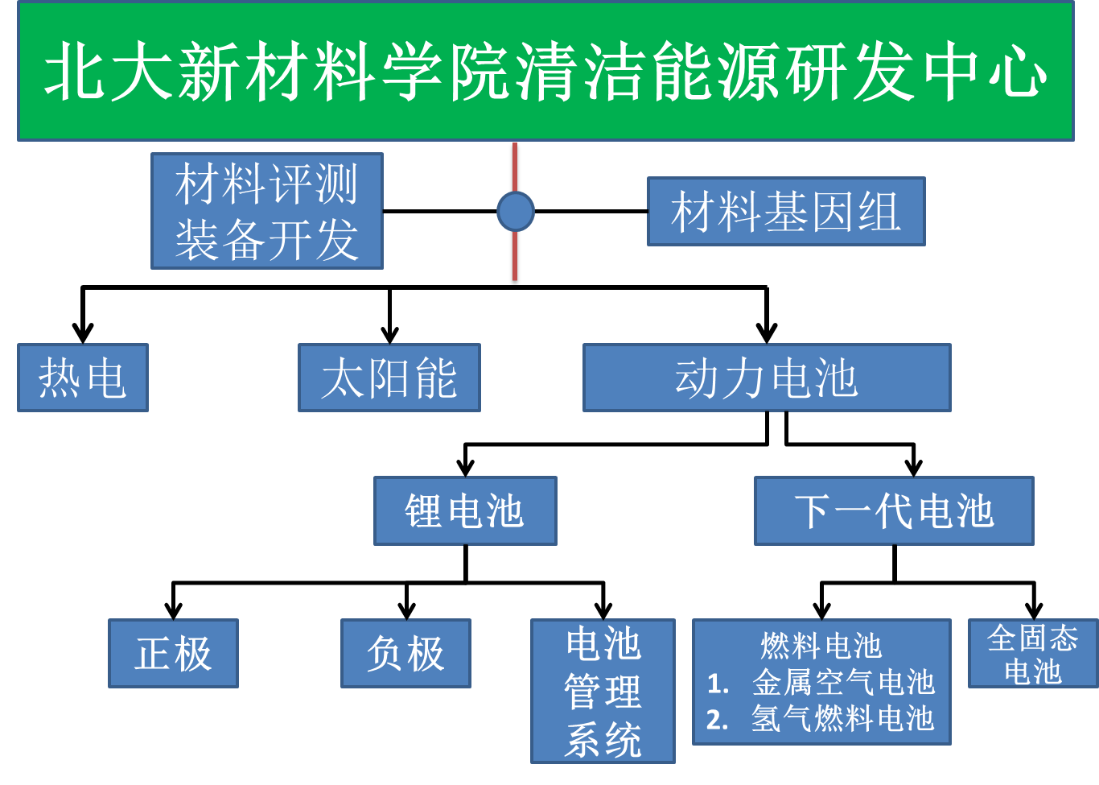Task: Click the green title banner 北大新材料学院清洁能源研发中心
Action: (x=545, y=71)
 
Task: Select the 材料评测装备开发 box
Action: (x=267, y=211)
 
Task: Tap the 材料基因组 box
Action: (x=786, y=211)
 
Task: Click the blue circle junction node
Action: (x=515, y=212)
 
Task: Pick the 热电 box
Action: (x=83, y=378)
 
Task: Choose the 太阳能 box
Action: (x=389, y=378)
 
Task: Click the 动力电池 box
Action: (x=767, y=378)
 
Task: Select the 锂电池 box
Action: (x=465, y=510)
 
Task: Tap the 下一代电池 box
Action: (x=894, y=510)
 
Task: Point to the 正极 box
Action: (x=173, y=654)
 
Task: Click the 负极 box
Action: (x=405, y=654)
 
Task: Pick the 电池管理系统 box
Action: (x=603, y=692)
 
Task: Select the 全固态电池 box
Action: (x=1033, y=654)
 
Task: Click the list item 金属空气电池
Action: (x=843, y=683)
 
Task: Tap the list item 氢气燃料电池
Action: (x=843, y=719)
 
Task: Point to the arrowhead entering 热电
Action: (x=83, y=333)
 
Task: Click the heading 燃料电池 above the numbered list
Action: (x=821, y=646)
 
